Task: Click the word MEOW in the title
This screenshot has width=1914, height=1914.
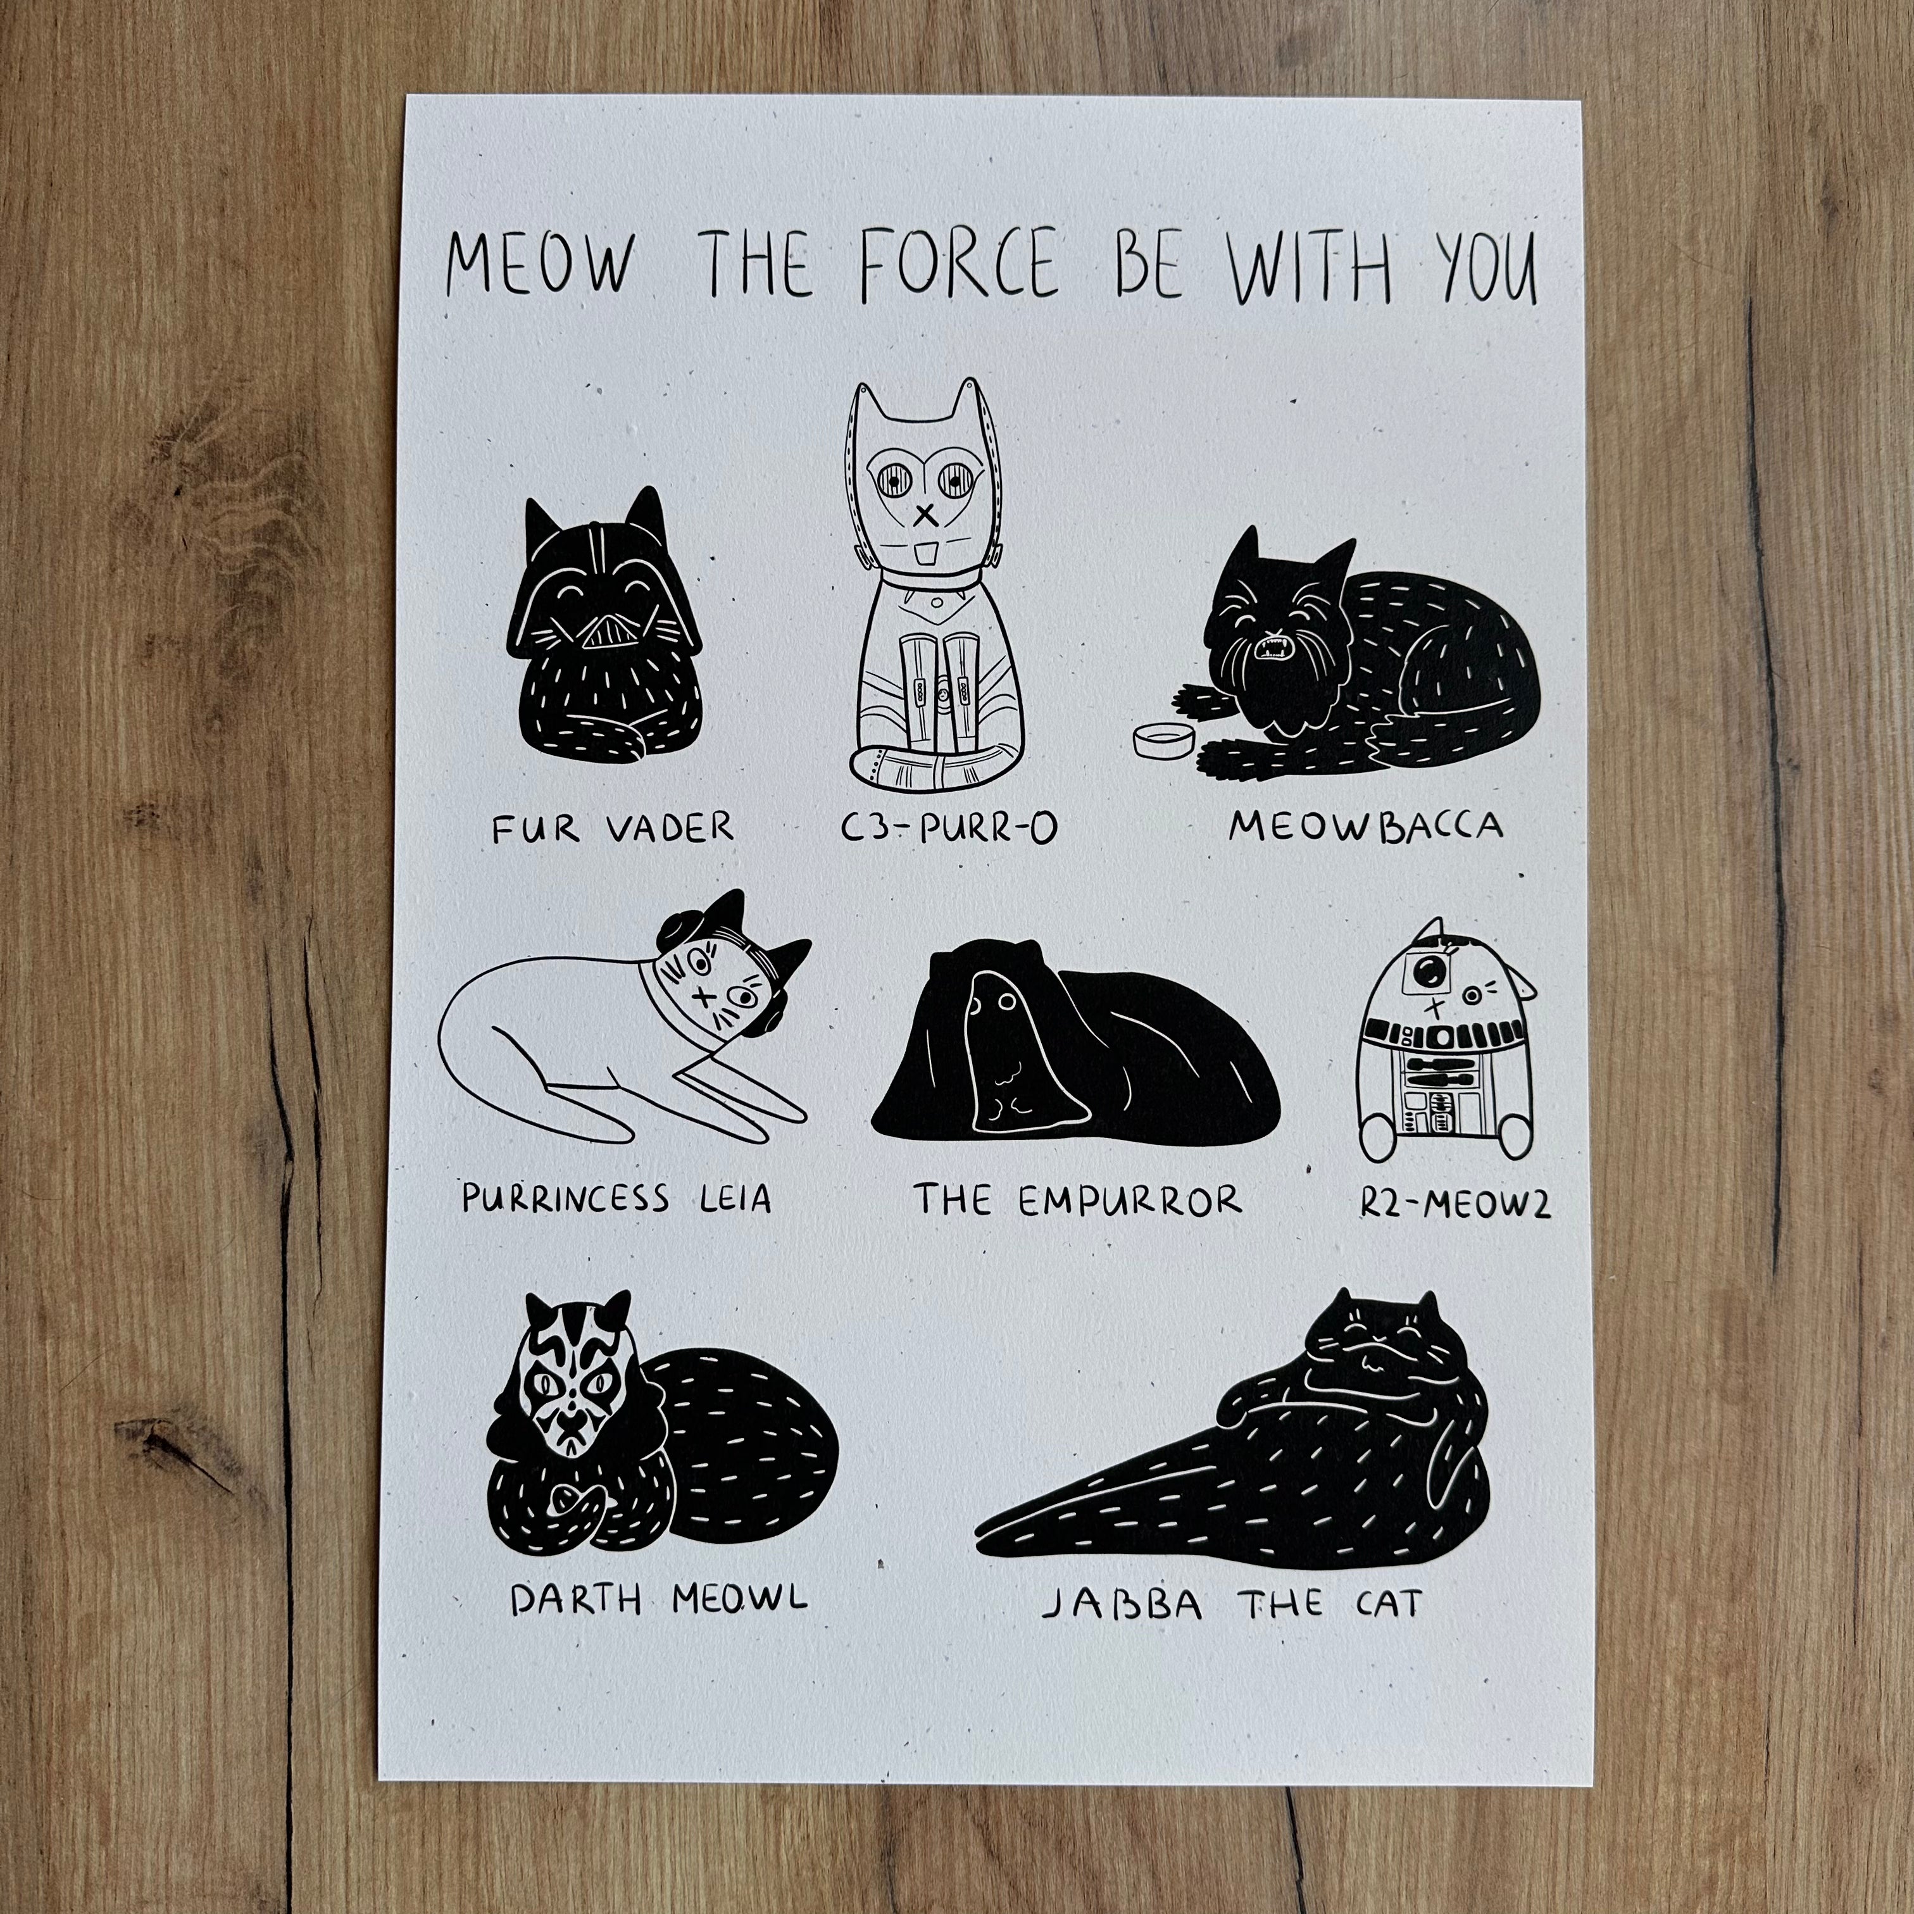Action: coord(539,265)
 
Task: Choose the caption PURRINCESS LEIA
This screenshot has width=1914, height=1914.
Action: coord(615,1199)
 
